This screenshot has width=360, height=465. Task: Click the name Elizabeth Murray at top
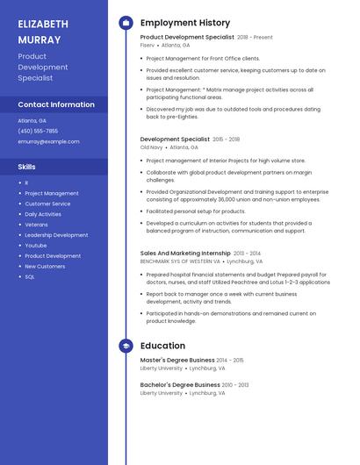(43, 32)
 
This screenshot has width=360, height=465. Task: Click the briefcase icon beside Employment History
(126, 23)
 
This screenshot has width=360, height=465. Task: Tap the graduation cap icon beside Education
(126, 346)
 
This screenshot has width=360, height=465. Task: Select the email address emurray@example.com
(48, 141)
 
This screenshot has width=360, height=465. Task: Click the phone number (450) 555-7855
(38, 131)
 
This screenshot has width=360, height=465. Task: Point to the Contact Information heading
(56, 104)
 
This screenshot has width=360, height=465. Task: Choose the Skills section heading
(27, 166)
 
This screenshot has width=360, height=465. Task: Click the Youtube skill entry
(36, 246)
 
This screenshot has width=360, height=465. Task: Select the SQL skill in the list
(30, 276)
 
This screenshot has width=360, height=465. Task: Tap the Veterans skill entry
(37, 225)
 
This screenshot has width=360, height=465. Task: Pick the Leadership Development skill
(56, 235)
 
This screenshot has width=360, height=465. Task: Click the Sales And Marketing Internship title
(185, 253)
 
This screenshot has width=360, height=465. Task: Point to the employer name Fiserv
(147, 45)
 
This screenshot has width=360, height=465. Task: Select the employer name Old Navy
(151, 147)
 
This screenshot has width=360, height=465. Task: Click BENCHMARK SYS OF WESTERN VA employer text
(180, 261)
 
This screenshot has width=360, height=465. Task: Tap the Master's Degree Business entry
(177, 360)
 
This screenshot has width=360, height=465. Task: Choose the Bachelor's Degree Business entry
(180, 384)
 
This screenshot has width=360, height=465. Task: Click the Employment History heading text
(185, 23)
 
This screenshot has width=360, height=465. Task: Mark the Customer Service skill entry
(47, 204)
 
